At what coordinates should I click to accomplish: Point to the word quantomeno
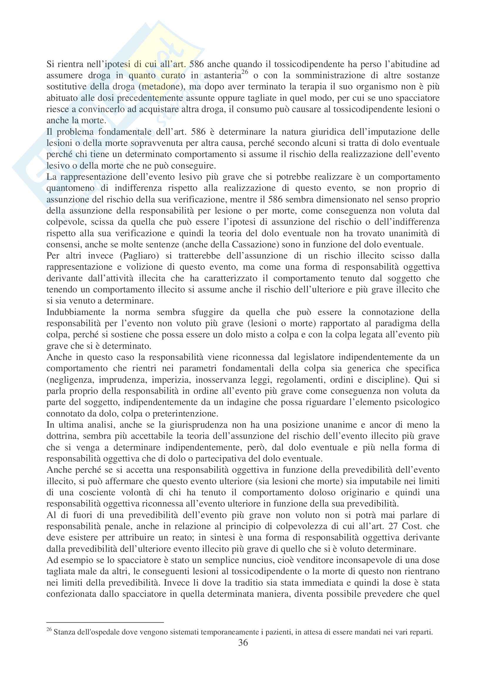pyautogui.click(x=70, y=189)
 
